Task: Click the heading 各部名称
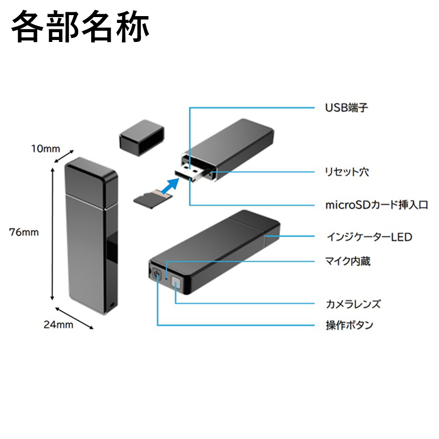(80, 28)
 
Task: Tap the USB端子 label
(346, 107)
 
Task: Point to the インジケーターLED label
(369, 237)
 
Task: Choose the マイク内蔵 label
(348, 261)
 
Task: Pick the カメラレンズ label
(353, 304)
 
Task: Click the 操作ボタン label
(349, 325)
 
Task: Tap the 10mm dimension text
(46, 148)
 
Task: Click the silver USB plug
(191, 173)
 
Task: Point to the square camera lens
(176, 285)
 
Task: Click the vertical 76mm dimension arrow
(52, 232)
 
